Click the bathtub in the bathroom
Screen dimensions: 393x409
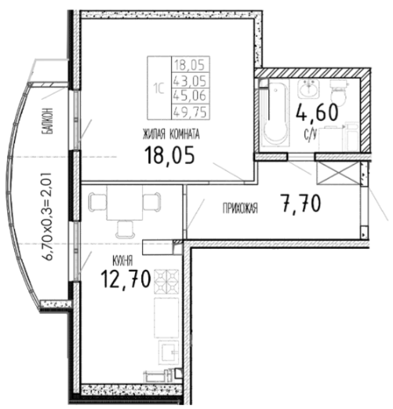coord(275,113)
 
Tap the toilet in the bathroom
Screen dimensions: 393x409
coord(339,91)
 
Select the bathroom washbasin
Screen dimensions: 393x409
coord(308,89)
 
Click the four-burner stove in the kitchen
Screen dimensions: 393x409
coord(166,282)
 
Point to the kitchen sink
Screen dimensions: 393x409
coord(169,352)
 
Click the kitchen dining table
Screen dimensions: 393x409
coord(125,203)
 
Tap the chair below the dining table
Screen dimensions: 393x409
coord(126,229)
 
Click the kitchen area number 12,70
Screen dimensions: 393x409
coord(126,279)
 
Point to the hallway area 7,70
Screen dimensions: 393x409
coord(300,204)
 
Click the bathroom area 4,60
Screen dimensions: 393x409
coord(317,113)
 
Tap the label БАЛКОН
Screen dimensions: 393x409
coord(49,121)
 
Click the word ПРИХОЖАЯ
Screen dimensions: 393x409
coord(240,209)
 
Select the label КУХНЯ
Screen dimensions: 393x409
coord(122,261)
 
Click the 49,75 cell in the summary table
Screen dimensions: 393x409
coord(191,111)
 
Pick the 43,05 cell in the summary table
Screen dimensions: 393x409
coord(191,80)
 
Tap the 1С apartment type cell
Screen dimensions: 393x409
coord(159,88)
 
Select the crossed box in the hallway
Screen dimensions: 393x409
coord(337,173)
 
